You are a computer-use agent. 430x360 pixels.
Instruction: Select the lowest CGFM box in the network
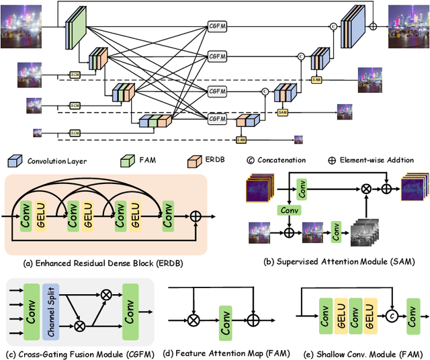[218, 119]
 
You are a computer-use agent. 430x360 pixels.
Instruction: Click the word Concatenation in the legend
[282, 161]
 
